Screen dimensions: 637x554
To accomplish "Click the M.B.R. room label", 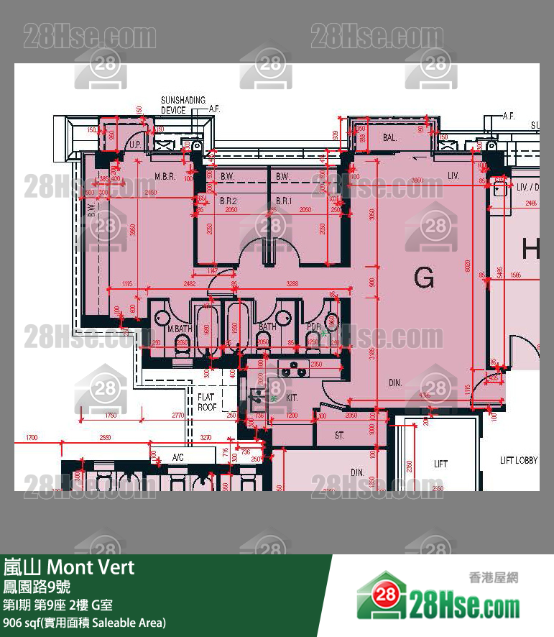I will (x=165, y=176).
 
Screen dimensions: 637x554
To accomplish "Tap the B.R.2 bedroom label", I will (x=228, y=201).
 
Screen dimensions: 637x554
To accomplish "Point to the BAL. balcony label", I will (x=390, y=137).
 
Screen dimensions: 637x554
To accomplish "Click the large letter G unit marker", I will (x=425, y=276).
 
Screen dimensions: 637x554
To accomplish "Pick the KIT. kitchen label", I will (x=292, y=397).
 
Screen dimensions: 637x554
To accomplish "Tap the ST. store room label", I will (x=340, y=435).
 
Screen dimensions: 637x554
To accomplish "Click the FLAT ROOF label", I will (x=207, y=402).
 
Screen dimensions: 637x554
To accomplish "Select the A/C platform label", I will (x=177, y=457).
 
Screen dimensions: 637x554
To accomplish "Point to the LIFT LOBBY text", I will (x=519, y=460).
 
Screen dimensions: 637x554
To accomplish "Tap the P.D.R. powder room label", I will (x=314, y=327).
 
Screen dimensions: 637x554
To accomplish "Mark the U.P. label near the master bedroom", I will (x=134, y=145).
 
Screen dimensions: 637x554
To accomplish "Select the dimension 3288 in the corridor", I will (x=292, y=284).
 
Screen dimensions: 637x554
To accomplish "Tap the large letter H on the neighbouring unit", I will (x=531, y=249).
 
